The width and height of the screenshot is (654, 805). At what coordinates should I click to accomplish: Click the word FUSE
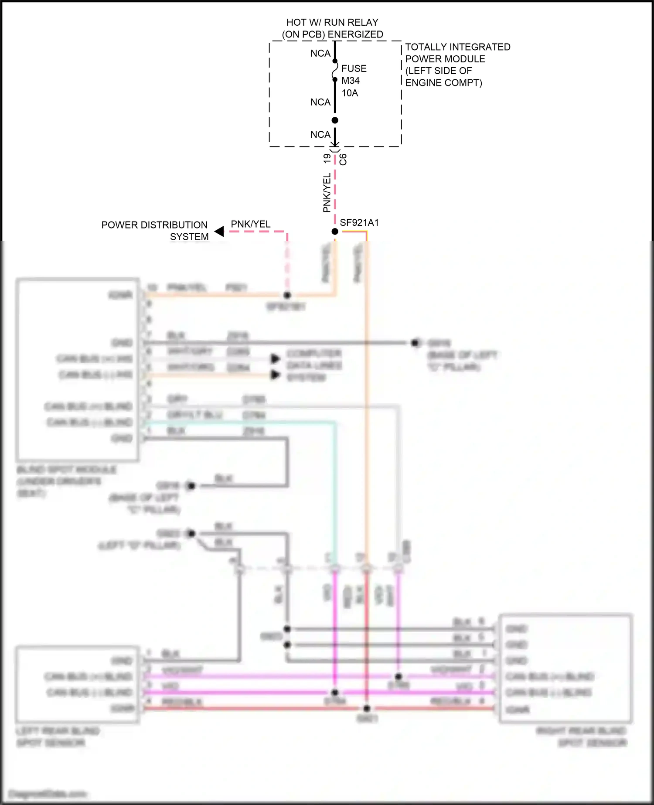(x=354, y=68)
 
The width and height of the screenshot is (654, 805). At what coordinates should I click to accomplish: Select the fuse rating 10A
(x=350, y=93)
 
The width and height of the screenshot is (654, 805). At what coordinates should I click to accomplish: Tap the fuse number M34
(x=351, y=81)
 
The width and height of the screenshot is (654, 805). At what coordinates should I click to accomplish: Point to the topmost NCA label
(x=320, y=53)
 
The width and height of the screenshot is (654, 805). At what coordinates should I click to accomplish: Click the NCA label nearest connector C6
(x=320, y=135)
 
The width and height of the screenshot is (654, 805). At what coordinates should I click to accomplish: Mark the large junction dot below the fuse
(x=335, y=120)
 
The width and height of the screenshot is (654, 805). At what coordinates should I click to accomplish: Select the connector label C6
(x=343, y=159)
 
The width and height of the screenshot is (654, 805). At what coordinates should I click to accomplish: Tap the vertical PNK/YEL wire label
(x=327, y=193)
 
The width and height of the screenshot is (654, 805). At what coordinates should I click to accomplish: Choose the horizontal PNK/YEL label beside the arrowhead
(x=250, y=224)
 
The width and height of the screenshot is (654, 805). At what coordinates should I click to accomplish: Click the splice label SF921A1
(x=359, y=223)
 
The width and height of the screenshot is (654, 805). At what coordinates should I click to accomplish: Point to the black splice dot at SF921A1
(x=335, y=232)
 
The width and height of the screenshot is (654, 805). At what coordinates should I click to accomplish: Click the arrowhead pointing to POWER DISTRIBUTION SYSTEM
(x=219, y=231)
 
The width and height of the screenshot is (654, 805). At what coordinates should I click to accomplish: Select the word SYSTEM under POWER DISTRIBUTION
(x=189, y=237)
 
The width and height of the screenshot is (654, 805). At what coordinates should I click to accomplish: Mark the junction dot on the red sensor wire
(x=367, y=709)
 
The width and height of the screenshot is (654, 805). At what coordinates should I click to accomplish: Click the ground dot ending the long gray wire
(x=415, y=343)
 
